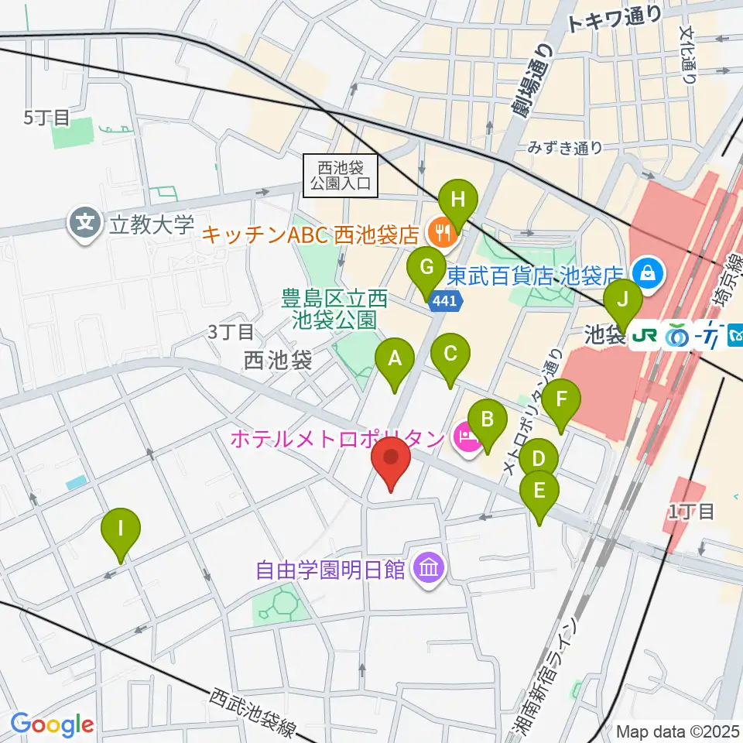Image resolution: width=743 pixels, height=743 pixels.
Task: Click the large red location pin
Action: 391,462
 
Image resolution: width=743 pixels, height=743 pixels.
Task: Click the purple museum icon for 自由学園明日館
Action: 426,570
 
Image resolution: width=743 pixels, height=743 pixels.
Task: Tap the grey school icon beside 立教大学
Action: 84,224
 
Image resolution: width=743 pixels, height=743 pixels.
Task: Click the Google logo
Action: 52,725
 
